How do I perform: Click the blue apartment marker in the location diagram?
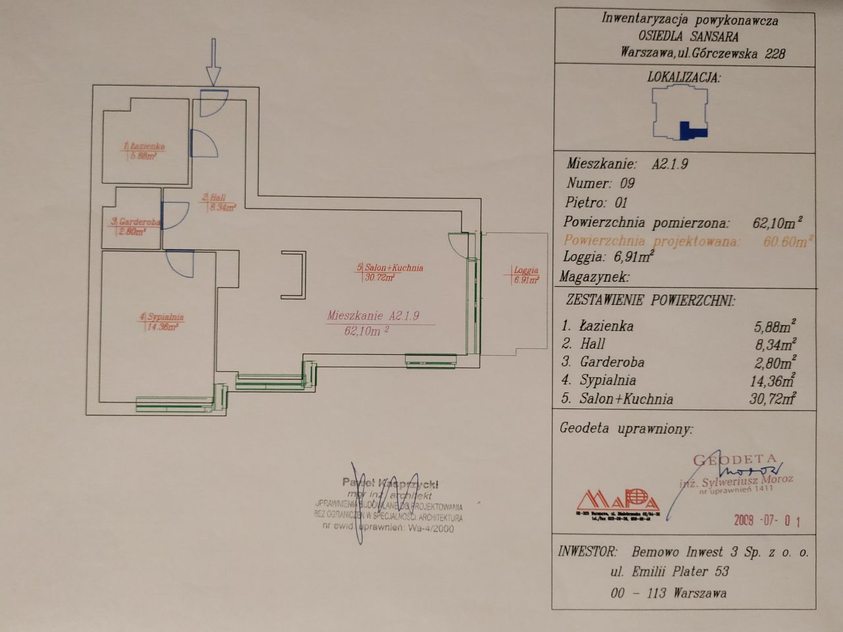pyautogui.click(x=689, y=130)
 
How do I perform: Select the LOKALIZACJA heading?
pyautogui.click(x=684, y=78)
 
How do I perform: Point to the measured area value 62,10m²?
pyautogui.click(x=777, y=223)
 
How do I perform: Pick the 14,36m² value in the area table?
pyautogui.click(x=771, y=380)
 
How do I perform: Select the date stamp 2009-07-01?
pyautogui.click(x=767, y=521)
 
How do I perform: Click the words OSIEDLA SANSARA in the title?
pyautogui.click(x=688, y=37)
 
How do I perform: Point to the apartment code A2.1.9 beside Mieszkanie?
pyautogui.click(x=670, y=165)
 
